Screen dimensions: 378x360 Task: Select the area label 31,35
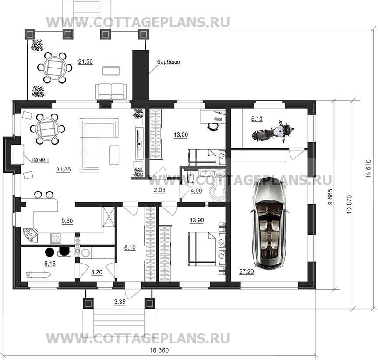point(64,170)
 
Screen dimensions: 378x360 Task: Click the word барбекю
point(169,62)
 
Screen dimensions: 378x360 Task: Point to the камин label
point(40,160)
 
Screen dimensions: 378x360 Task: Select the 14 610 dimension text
point(368,169)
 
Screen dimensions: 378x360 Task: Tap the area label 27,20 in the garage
point(246,272)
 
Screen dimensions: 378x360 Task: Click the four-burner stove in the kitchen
point(56,239)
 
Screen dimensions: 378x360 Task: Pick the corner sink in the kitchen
point(30,235)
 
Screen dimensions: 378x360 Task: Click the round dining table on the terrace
point(55,68)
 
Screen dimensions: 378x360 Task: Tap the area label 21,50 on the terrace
point(85,61)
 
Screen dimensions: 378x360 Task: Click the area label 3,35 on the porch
point(120,302)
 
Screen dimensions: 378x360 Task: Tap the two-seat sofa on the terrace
point(111,92)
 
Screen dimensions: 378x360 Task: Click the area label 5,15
point(50,264)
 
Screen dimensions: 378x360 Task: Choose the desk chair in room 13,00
point(212,126)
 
